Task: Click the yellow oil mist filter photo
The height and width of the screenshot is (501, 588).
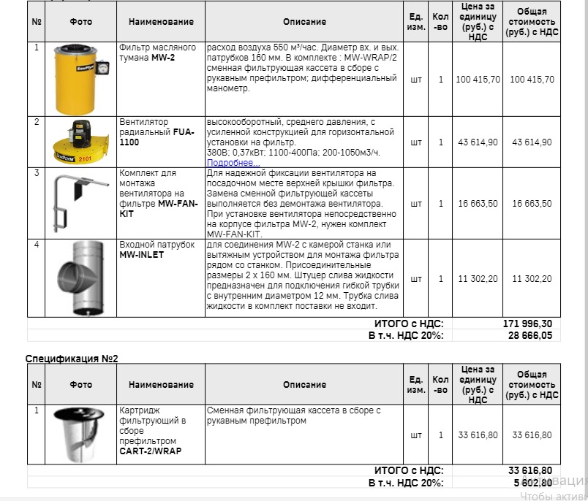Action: point(80,78)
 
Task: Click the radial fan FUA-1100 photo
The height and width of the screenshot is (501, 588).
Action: point(80,142)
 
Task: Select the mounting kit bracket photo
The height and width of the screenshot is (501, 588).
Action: point(76,203)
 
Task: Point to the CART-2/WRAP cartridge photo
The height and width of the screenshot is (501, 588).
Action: point(80,434)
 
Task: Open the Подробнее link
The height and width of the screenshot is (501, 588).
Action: point(231,162)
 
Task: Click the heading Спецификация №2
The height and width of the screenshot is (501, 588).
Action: point(72,359)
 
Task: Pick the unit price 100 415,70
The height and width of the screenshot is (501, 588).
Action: point(478,80)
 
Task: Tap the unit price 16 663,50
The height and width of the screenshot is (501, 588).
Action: point(478,204)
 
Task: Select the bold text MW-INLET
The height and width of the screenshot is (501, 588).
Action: point(142,255)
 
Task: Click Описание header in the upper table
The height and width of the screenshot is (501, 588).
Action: point(304,22)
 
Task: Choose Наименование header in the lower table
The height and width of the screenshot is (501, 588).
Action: point(161,384)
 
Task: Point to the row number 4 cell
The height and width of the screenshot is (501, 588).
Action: point(37,244)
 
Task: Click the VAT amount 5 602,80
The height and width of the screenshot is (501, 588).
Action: point(531,483)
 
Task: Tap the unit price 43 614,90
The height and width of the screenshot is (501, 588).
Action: point(478,142)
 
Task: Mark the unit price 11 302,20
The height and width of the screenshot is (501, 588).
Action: point(478,279)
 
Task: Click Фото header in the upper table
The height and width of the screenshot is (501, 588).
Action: point(80,22)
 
